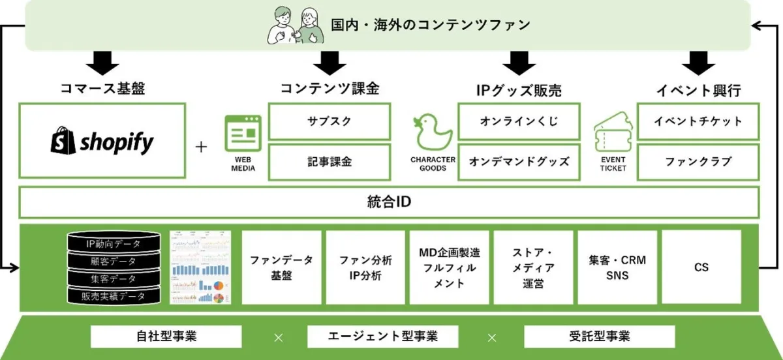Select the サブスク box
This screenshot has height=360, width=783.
tap(330, 121)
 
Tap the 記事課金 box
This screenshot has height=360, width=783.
tap(330, 162)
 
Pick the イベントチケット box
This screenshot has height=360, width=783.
tap(698, 121)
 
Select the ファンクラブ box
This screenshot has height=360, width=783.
tap(698, 162)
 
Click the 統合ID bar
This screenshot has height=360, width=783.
tap(389, 202)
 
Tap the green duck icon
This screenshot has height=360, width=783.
tap(433, 134)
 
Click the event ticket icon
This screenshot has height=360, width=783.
tap(612, 134)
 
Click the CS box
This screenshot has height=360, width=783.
tap(701, 267)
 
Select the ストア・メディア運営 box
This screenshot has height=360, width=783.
tap(533, 267)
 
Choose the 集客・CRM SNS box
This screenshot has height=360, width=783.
tap(617, 267)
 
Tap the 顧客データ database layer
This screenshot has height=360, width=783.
tap(114, 262)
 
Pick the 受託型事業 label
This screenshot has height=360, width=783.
tap(599, 337)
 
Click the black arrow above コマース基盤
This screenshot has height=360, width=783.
tap(102, 63)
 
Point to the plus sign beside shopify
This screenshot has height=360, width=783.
tap(201, 147)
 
